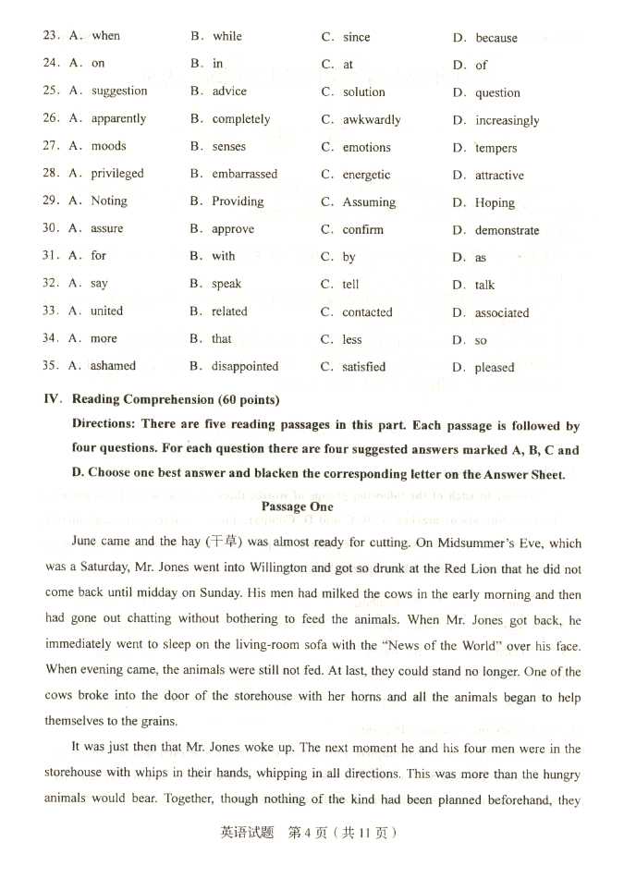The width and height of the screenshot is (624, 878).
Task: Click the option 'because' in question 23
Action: tap(496, 38)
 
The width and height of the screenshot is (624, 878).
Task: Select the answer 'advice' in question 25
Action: tap(229, 91)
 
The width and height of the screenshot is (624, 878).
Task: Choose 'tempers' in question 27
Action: tap(496, 148)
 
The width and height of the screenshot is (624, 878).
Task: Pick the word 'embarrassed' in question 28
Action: tap(244, 174)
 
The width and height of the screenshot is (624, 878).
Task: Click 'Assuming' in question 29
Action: tap(369, 202)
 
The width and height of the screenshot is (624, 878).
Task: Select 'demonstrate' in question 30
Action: tap(507, 230)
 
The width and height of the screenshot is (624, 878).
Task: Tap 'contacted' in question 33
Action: tap(367, 312)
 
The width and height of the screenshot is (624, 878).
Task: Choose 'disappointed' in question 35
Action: tap(245, 367)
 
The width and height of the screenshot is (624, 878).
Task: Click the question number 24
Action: tap(50, 63)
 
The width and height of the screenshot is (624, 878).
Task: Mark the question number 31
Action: tap(50, 255)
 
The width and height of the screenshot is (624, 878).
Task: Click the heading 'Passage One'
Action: tap(297, 506)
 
